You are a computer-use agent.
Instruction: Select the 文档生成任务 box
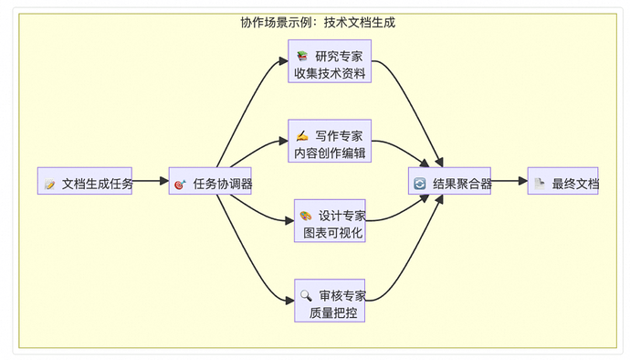pyautogui.click(x=85, y=183)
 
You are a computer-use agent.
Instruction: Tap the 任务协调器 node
pyautogui.click(x=212, y=183)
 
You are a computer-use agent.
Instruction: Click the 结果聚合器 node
pyautogui.click(x=450, y=183)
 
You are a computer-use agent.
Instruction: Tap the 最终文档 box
pyautogui.click(x=564, y=183)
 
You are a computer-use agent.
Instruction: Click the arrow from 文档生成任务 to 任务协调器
pyautogui.click(x=151, y=182)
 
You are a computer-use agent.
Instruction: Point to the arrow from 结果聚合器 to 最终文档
pyautogui.click(x=509, y=182)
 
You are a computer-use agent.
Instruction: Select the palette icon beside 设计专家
pyautogui.click(x=306, y=216)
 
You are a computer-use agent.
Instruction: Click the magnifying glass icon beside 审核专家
pyautogui.click(x=306, y=295)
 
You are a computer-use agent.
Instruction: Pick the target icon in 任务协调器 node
pyautogui.click(x=180, y=184)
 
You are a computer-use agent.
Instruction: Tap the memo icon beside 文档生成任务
pyautogui.click(x=50, y=184)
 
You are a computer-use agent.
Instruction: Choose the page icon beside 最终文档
pyautogui.click(x=541, y=183)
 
